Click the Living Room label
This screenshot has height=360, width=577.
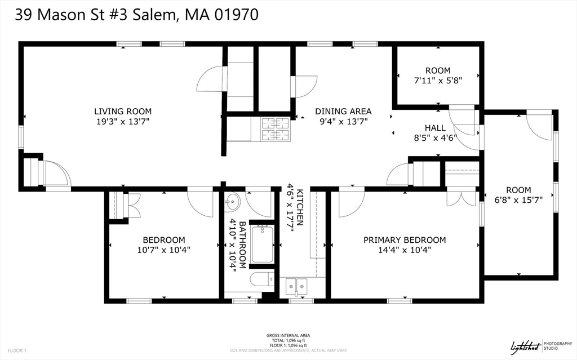click(122, 111)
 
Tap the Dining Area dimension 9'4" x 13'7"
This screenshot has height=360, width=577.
click(344, 122)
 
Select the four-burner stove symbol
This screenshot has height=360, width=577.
click(275, 129)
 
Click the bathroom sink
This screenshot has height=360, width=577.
click(232, 202)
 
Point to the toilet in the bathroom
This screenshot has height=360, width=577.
click(262, 279)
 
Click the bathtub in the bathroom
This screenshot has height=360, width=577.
click(263, 244)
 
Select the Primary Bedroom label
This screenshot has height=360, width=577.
click(405, 240)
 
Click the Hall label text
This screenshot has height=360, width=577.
click(436, 128)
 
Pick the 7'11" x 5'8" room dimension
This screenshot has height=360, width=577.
click(438, 80)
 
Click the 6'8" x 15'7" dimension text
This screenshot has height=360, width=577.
click(518, 200)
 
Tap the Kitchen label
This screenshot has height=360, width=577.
click(300, 207)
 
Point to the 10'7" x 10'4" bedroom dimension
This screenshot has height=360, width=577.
click(164, 250)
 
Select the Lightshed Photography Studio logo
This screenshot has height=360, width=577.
click(541, 346)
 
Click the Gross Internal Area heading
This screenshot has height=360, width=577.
click(288, 335)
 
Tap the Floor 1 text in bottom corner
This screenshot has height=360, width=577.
click(17, 351)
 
